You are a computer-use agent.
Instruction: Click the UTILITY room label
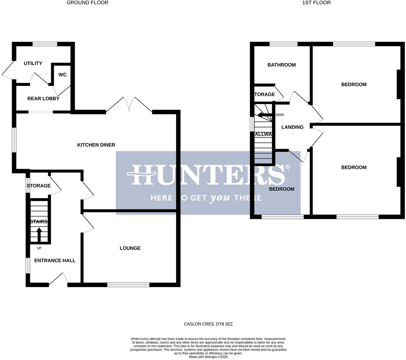(33, 63)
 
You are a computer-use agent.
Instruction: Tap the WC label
(62, 75)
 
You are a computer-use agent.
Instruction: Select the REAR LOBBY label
(43, 99)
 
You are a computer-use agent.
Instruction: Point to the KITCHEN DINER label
(96, 145)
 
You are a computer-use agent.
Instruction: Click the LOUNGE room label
(130, 248)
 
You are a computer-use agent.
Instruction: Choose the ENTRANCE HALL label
(55, 260)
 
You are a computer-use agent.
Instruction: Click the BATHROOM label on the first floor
(281, 65)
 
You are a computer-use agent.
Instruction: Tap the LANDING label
(292, 127)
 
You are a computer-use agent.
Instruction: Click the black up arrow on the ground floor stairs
(39, 234)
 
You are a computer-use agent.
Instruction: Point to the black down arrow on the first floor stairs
(265, 115)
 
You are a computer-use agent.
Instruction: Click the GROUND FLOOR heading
(87, 3)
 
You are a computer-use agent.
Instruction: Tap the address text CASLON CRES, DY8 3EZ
(208, 324)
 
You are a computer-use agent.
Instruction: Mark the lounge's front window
(128, 285)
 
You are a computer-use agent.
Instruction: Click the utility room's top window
(45, 44)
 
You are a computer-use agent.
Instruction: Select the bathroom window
(284, 44)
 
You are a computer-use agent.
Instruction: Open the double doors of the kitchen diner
(129, 104)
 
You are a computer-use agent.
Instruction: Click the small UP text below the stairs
(39, 248)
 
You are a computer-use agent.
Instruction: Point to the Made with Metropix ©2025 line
(208, 357)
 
